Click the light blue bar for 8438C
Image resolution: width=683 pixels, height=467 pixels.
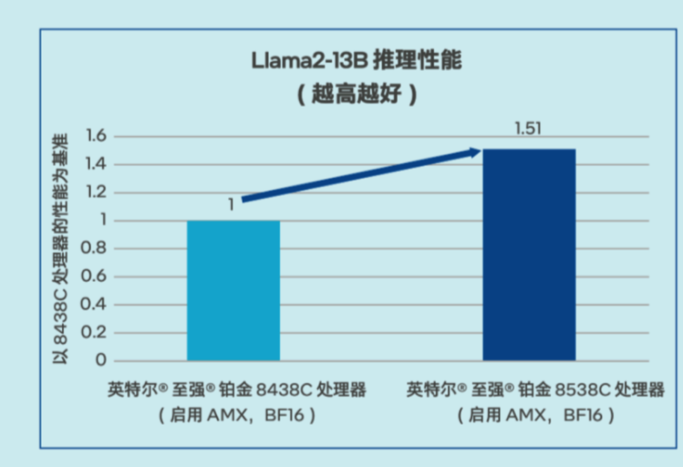pos(233,291)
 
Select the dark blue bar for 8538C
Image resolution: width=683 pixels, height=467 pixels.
pos(529,255)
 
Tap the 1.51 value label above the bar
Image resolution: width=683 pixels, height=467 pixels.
pos(529,129)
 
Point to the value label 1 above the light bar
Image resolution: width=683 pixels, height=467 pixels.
pos(231,205)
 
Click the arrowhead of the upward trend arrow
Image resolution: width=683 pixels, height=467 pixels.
pos(474,151)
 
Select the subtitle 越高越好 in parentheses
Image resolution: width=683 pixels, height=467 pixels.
pos(357,95)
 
